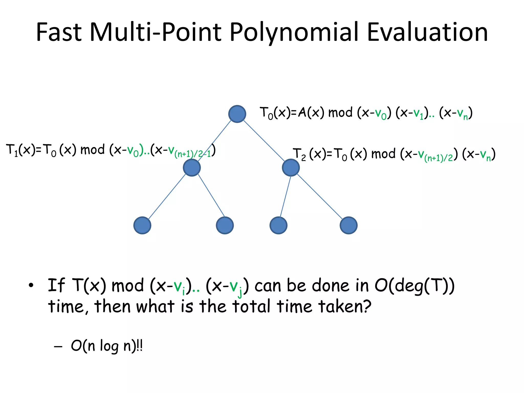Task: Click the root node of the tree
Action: [237, 114]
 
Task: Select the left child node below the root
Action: [192, 168]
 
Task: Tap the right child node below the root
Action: [291, 168]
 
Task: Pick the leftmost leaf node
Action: [142, 225]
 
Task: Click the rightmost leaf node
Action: [348, 225]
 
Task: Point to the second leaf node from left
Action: [225, 225]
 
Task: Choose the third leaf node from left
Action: [278, 225]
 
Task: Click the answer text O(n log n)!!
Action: [106, 346]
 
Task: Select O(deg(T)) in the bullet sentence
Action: [414, 286]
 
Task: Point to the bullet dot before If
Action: [31, 286]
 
